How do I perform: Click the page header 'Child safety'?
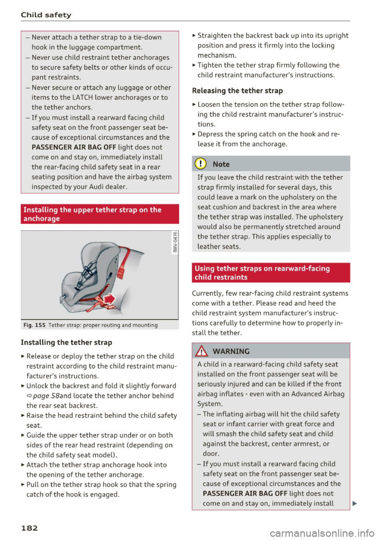click(x=46, y=15)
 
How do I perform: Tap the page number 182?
click(x=29, y=528)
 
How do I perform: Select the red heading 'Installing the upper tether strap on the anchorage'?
click(x=92, y=214)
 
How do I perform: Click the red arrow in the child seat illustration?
click(x=109, y=299)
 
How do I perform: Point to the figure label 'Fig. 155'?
click(x=35, y=325)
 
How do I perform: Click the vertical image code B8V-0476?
click(x=175, y=242)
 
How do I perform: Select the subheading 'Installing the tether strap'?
click(x=66, y=342)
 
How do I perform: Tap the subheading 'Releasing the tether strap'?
click(x=237, y=90)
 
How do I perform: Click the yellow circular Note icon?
click(x=202, y=164)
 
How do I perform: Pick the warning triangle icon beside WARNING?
click(x=202, y=351)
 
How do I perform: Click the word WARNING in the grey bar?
click(x=231, y=351)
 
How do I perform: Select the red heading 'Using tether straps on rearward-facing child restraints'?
click(x=262, y=273)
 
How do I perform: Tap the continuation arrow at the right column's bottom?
click(x=354, y=504)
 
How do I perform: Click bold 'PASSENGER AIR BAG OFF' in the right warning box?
click(x=245, y=494)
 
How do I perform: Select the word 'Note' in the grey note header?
click(x=221, y=164)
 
